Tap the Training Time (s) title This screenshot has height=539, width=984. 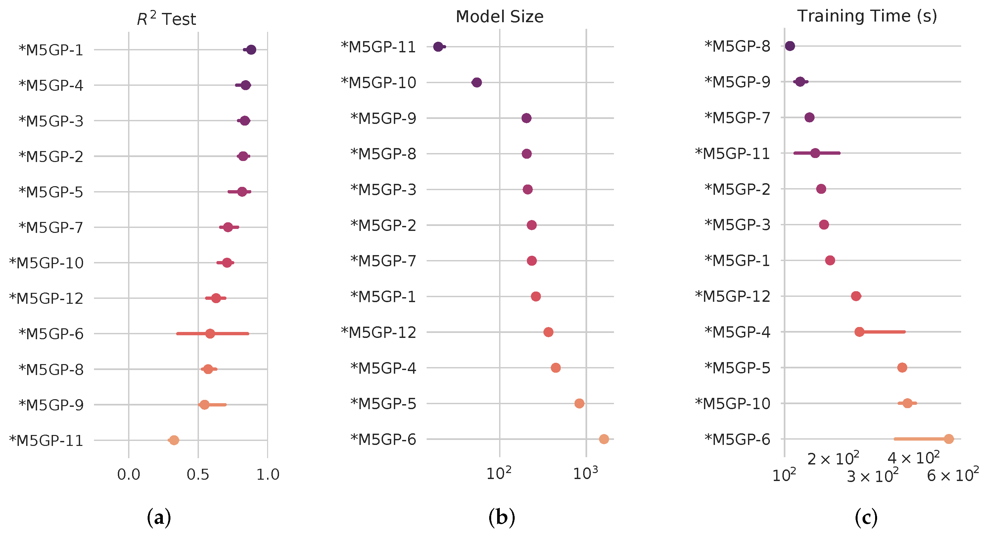(867, 16)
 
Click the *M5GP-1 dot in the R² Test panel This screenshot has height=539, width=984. (251, 50)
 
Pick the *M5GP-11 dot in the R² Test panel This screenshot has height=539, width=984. (174, 440)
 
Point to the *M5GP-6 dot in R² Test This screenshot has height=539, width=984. (210, 334)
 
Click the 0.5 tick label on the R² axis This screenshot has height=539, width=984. (198, 474)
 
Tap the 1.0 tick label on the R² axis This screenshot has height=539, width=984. (268, 474)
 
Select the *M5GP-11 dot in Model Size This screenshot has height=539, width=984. (438, 47)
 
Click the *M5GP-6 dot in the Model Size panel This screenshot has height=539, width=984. (604, 439)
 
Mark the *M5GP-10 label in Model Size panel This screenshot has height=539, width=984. (378, 82)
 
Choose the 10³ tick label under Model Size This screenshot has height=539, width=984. (585, 474)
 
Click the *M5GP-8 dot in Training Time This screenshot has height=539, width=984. (790, 46)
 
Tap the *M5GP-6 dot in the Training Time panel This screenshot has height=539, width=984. (949, 439)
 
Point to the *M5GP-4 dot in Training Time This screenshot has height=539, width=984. (860, 332)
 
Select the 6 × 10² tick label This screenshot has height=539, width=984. (953, 475)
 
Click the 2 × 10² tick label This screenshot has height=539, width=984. (833, 458)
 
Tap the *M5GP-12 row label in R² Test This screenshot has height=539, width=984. (46, 298)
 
